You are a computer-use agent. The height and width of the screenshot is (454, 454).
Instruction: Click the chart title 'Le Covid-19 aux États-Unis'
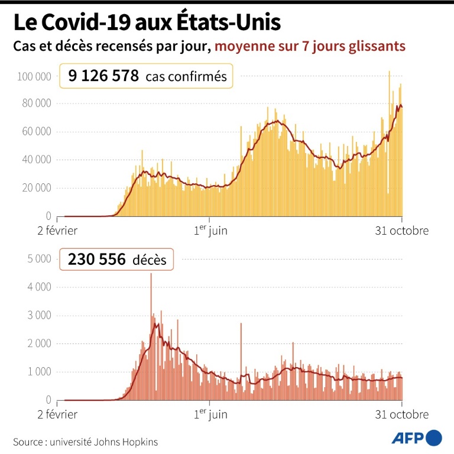pyautogui.click(x=147, y=23)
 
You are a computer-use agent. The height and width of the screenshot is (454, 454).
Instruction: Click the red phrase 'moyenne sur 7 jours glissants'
pyautogui.click(x=310, y=46)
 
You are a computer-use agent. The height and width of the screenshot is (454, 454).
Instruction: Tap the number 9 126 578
pyautogui.click(x=103, y=76)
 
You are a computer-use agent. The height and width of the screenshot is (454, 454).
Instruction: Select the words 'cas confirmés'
pyautogui.click(x=186, y=76)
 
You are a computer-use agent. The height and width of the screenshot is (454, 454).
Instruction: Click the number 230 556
pyautogui.click(x=96, y=259)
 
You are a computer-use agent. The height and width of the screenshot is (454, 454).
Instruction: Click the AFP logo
pyautogui.click(x=417, y=437)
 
